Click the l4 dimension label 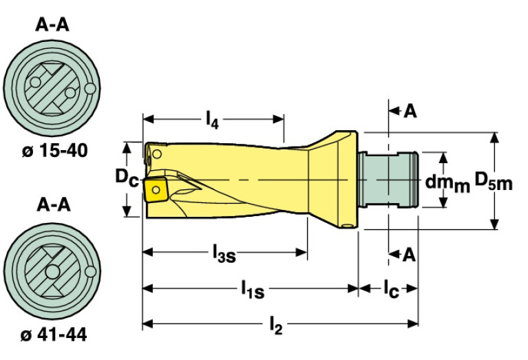tap(212, 120)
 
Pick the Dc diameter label tap(127, 178)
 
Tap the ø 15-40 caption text tap(53, 150)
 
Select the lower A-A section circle tap(52, 272)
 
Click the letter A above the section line tap(410, 111)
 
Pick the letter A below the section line tap(410, 255)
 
